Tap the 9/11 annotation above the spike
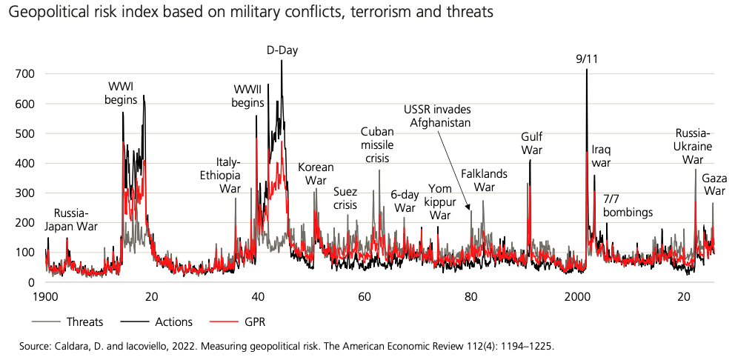click(587, 59)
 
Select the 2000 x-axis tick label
click(577, 296)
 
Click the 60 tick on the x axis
click(365, 296)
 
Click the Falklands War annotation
click(484, 180)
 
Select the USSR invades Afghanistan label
click(437, 116)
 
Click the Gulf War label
click(531, 143)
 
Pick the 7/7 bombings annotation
click(628, 206)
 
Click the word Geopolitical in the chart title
click(56, 13)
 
